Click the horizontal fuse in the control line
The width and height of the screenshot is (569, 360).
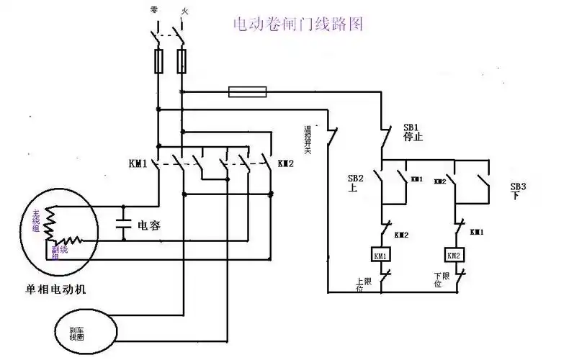(x=247, y=91)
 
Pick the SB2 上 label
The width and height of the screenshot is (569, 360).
(x=356, y=181)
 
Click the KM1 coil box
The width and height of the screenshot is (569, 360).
(x=380, y=255)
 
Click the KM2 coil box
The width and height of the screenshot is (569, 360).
(x=454, y=255)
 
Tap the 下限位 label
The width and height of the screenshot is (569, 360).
(x=440, y=280)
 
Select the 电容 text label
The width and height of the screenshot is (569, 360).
(x=148, y=225)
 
